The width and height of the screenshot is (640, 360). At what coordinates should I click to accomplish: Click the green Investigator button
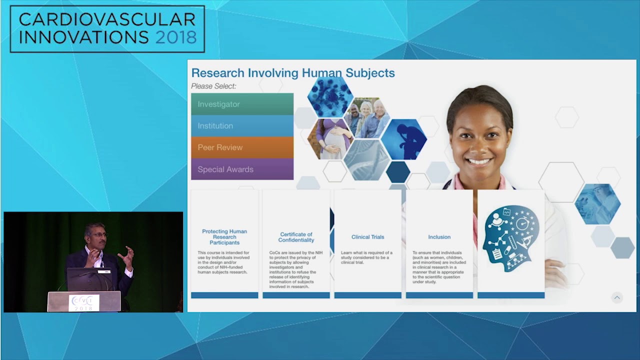pos(242,104)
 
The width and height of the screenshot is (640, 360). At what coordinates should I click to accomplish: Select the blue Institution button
pos(242,126)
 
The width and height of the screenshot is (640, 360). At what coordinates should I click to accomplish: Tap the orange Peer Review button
pos(242,147)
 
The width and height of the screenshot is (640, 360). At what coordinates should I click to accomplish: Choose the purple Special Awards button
pos(242,169)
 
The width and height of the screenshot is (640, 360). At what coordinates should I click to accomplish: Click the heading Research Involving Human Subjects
pos(293,73)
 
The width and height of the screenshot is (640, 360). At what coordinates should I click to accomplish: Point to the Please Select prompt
pos(213,86)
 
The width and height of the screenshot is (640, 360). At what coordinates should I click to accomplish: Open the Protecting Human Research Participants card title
pos(224,237)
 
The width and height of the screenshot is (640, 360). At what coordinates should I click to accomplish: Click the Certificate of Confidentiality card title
pos(296,237)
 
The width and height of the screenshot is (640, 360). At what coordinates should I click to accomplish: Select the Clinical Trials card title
pos(367,237)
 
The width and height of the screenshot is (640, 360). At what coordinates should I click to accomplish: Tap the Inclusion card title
pos(439,237)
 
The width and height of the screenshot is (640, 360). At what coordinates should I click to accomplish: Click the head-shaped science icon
pos(510,238)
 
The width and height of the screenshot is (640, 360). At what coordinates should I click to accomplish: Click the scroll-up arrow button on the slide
pos(616,297)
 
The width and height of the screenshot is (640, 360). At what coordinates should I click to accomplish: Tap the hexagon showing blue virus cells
pos(330,96)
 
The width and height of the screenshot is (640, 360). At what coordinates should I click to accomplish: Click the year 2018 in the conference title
pos(175,36)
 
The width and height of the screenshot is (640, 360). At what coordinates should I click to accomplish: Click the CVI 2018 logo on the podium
pos(84,302)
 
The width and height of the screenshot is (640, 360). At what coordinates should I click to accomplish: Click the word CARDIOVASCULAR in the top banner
pos(107,19)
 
